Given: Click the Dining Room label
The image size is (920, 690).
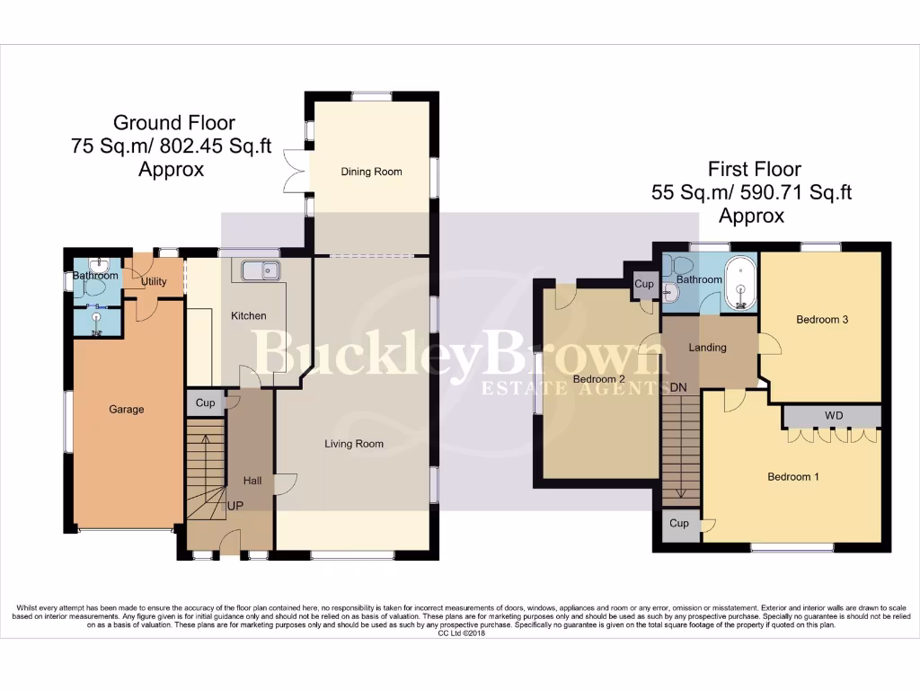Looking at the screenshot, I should pyautogui.click(x=371, y=172).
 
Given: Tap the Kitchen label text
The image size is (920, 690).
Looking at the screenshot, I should pyautogui.click(x=249, y=316).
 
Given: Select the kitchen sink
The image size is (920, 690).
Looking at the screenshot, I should pyautogui.click(x=260, y=270).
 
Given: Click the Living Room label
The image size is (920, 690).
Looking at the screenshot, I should pyautogui.click(x=354, y=444).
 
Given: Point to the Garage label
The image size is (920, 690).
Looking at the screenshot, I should pyautogui.click(x=127, y=410).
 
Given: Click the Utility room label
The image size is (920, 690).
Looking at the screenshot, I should pyautogui.click(x=154, y=282).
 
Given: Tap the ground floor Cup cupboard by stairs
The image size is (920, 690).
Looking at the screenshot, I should pyautogui.click(x=205, y=403).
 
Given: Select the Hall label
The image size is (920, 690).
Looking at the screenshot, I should pyautogui.click(x=252, y=482).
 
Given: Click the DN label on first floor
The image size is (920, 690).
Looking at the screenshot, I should pyautogui.click(x=679, y=387).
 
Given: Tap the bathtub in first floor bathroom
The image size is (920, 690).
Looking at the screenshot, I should pyautogui.click(x=741, y=282).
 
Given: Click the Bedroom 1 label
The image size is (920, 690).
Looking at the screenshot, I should pyautogui.click(x=792, y=477).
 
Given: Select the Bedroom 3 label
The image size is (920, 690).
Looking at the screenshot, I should pyautogui.click(x=822, y=320).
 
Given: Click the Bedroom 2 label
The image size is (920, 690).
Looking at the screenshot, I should pyautogui.click(x=599, y=379).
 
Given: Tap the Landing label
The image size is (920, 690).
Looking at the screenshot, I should pyautogui.click(x=707, y=348).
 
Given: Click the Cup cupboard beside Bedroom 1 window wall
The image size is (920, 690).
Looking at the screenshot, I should pyautogui.click(x=679, y=523).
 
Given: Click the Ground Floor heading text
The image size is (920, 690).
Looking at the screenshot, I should pyautogui.click(x=173, y=123).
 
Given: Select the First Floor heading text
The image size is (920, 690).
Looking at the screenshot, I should pyautogui.click(x=754, y=169).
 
